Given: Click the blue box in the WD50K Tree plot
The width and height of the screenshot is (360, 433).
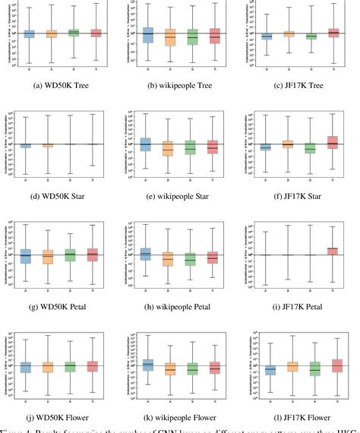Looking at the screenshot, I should click(30, 33).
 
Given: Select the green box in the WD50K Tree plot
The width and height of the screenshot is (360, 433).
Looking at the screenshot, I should click(74, 33).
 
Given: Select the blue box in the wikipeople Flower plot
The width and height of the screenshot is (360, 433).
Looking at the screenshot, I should click(147, 365).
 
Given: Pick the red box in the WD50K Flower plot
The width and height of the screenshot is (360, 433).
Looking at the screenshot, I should click(96, 366).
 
